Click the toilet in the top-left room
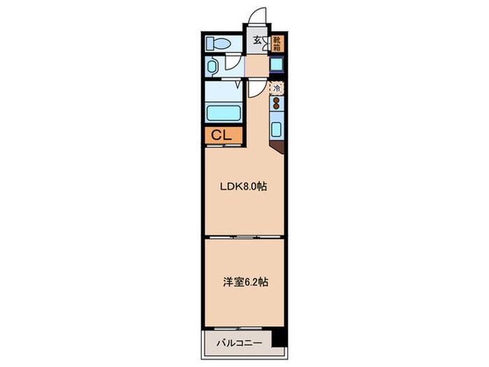point(218,43)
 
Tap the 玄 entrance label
point(257,41)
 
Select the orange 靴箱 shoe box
point(277,44)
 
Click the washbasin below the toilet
point(213,67)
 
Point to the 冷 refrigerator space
point(277,88)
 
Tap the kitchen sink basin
point(277,130)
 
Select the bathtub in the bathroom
point(222,112)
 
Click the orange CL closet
point(222,135)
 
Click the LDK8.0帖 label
point(244,186)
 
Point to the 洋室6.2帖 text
point(244,283)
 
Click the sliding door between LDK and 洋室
point(244,238)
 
